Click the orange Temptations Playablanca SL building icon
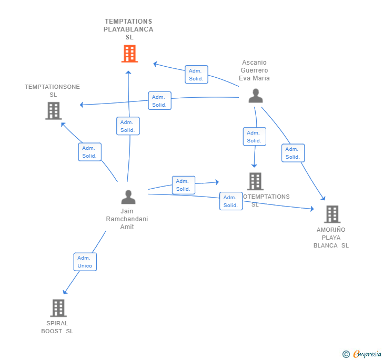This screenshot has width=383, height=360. pos(129,54)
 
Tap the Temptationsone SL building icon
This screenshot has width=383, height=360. pos(53,111)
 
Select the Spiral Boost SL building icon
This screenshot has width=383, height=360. pos(58,308)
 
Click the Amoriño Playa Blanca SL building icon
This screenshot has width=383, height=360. pos(331,214)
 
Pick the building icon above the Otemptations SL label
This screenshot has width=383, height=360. pos(255,181)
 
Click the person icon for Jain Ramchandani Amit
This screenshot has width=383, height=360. pos(128,197)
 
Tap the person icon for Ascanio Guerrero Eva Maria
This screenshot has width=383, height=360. pos(256,96)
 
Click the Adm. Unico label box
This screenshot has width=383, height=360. pos(85,262)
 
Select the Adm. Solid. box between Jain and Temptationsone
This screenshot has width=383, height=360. pos(89,152)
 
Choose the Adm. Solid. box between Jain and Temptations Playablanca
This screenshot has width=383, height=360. pos(128,126)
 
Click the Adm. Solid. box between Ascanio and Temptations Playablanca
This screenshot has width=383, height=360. pos(196,75)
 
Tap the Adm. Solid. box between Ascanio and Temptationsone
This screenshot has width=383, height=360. pos(159,101)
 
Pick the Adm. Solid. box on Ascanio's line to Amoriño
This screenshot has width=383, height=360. pos(293,153)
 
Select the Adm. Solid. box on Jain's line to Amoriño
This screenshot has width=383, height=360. pos(231,201)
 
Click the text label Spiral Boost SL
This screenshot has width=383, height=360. pos(57,327)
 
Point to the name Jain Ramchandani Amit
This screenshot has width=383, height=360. pos(127,219)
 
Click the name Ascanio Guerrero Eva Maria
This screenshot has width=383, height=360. pos(255,70)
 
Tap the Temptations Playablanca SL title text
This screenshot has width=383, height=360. pos(128,29)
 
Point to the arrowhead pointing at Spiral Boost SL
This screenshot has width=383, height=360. pos(65,292)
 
